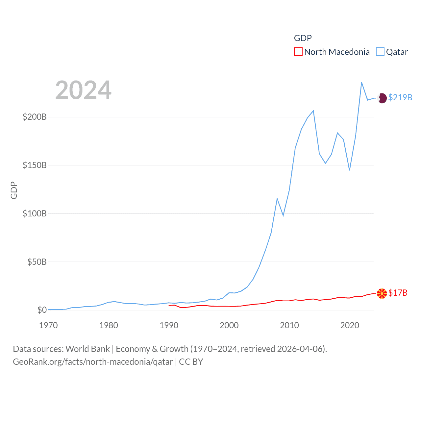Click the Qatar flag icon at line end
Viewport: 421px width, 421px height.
(x=382, y=98)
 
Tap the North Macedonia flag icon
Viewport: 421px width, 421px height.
(x=382, y=293)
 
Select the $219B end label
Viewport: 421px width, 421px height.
(x=400, y=97)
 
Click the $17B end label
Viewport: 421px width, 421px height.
(x=398, y=293)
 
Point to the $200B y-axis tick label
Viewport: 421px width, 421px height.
(x=35, y=117)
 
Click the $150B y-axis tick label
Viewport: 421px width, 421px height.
(x=35, y=165)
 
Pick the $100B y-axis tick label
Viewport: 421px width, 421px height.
(x=35, y=213)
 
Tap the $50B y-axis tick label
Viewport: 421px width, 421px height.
(x=37, y=262)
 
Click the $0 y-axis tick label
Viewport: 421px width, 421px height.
(x=42, y=310)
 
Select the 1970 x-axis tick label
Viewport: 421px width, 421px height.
(x=48, y=325)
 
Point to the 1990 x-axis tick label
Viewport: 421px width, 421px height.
(x=169, y=325)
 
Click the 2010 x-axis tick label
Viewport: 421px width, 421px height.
(x=289, y=325)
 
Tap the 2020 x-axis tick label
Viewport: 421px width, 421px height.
(x=350, y=325)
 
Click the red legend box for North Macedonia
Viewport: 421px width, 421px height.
(x=298, y=52)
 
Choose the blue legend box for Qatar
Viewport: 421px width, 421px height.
(x=380, y=52)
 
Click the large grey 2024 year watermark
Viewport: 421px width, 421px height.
(x=83, y=90)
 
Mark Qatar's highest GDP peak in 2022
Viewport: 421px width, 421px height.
(x=361, y=82)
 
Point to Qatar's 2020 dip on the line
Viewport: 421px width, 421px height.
(x=349, y=170)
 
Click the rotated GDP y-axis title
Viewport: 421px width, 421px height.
(x=14, y=190)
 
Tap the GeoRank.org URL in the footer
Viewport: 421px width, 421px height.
(x=93, y=362)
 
